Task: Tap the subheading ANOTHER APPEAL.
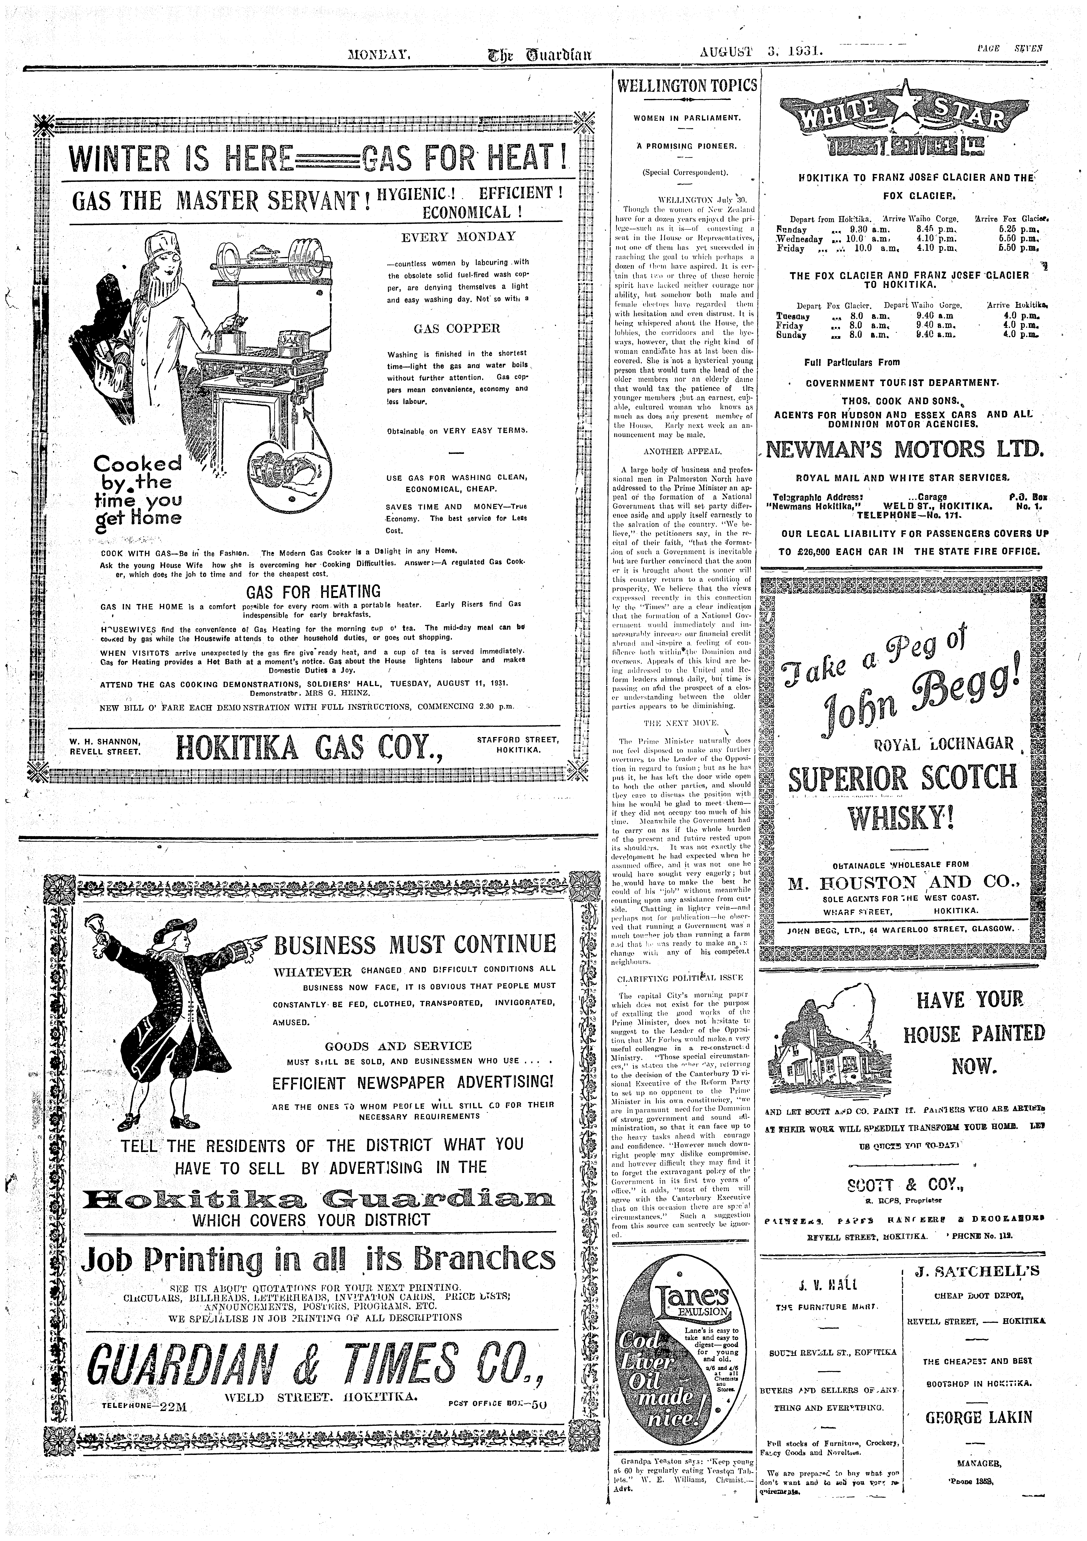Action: point(682,451)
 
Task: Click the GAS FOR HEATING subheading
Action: point(313,591)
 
